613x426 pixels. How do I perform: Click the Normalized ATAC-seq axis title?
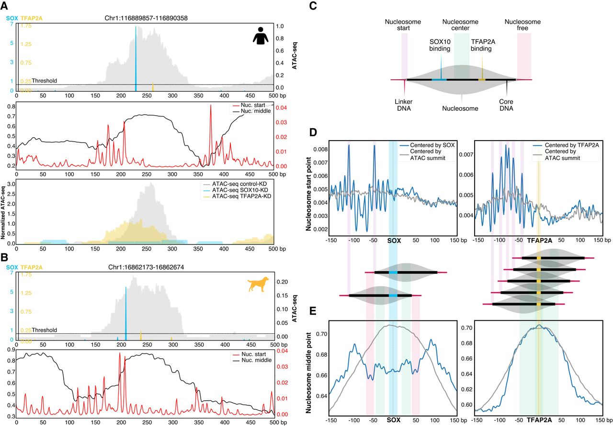[x=4, y=212]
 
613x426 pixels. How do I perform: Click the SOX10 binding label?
[x=440, y=45]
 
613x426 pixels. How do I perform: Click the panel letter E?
[x=313, y=311]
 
